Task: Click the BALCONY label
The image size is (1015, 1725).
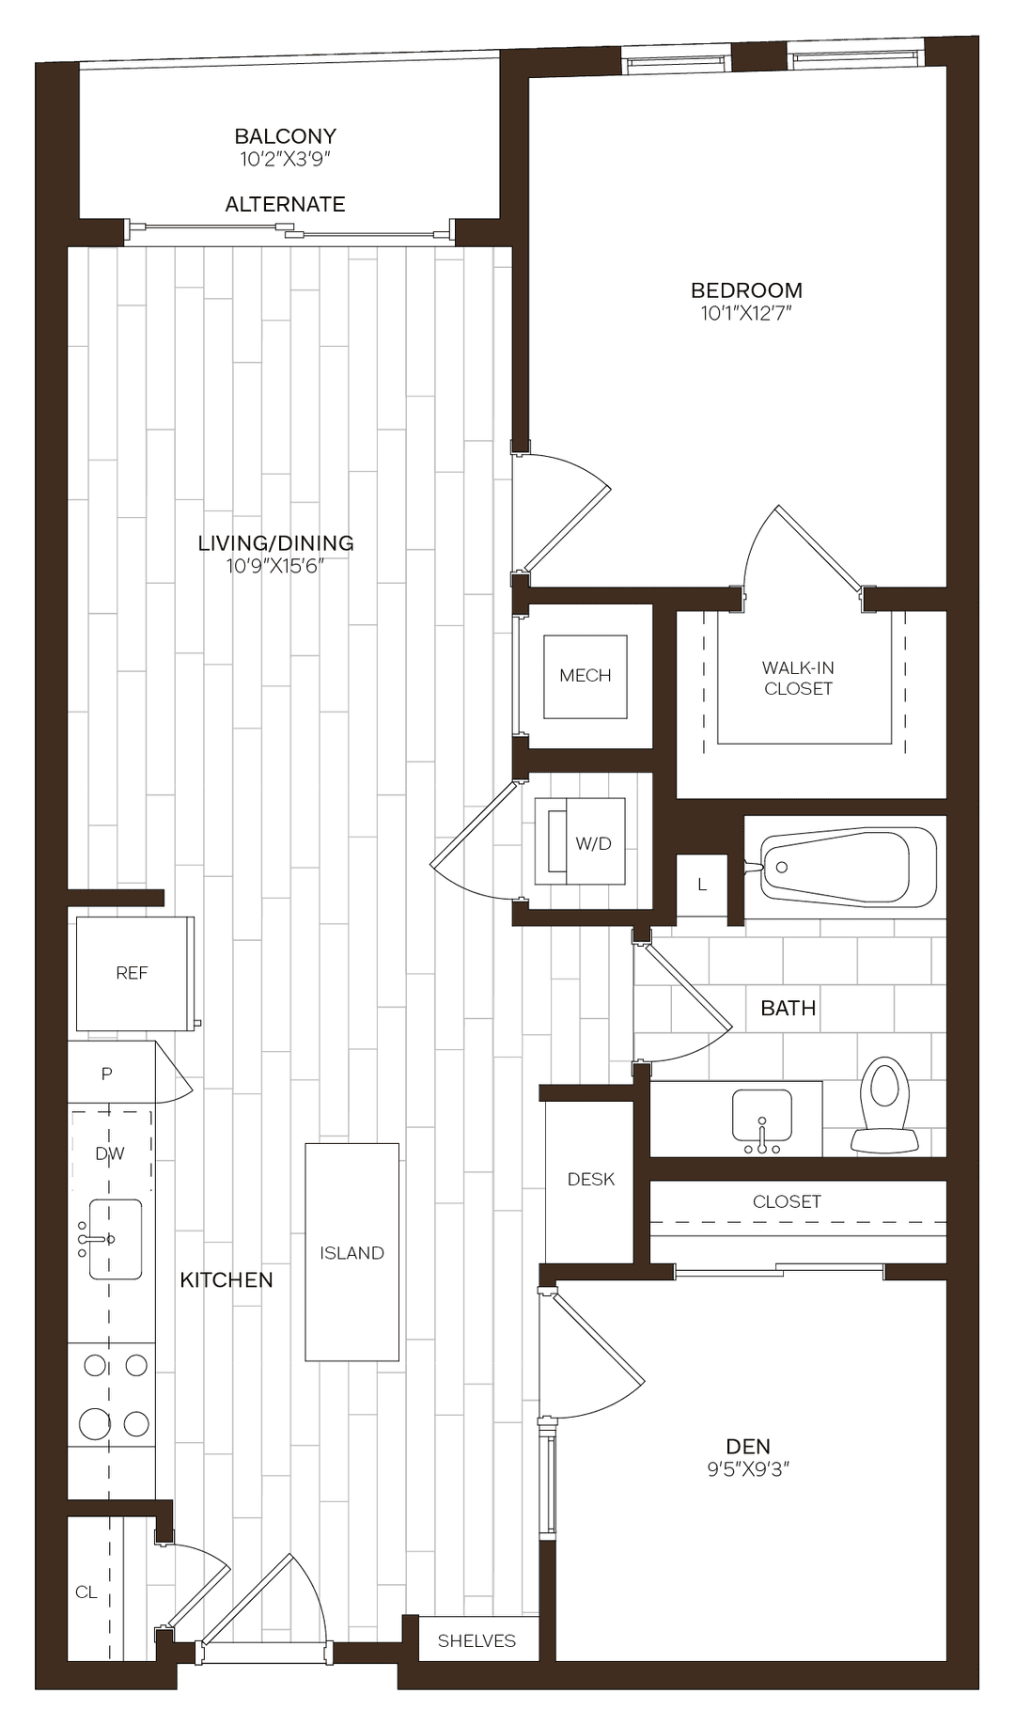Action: [x=285, y=137]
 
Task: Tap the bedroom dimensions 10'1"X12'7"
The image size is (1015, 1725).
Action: [x=746, y=314]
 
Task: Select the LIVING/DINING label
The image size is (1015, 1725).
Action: [x=275, y=543]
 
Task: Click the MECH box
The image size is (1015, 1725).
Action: [x=585, y=676]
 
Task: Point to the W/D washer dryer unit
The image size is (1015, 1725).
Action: [x=581, y=842]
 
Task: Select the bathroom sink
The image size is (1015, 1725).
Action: [x=762, y=1119]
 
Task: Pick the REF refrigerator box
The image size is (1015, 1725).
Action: [x=133, y=974]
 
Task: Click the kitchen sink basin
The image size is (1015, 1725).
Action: [x=116, y=1239]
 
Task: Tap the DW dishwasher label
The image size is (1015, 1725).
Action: [x=110, y=1153]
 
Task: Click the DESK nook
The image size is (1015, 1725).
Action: [x=590, y=1180]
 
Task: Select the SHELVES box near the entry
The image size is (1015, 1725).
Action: [x=476, y=1640]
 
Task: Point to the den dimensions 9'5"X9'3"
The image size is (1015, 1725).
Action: [x=748, y=1469]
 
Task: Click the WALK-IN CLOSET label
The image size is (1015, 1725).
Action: [x=798, y=678]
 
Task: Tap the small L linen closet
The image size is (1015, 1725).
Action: [x=702, y=885]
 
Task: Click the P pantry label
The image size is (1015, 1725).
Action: [x=107, y=1074]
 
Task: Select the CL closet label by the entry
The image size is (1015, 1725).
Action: [x=86, y=1592]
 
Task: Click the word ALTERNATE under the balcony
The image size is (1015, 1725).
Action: [x=285, y=204]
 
